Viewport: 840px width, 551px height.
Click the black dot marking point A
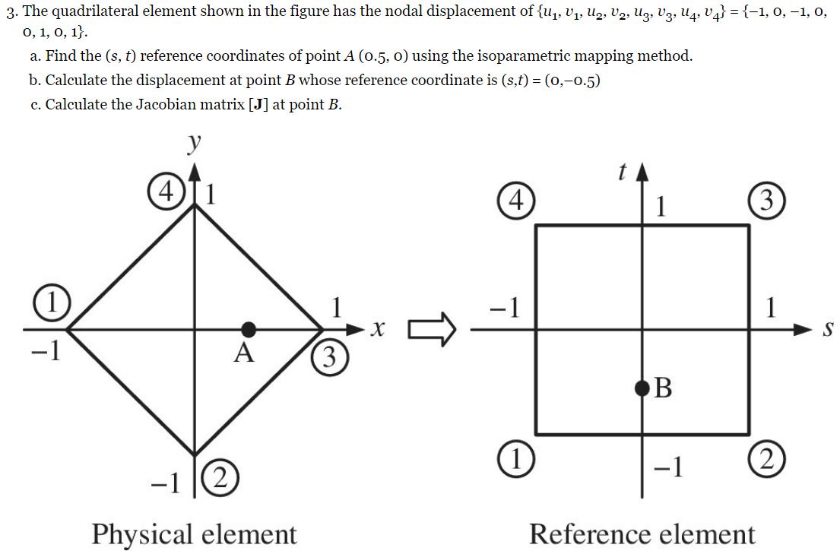(x=248, y=329)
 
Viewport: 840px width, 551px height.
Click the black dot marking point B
(x=643, y=390)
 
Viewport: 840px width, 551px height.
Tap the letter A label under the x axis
(x=243, y=353)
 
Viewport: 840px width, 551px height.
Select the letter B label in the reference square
(x=663, y=389)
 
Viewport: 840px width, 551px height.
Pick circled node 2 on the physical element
(x=220, y=478)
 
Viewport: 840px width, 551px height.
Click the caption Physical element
(x=194, y=534)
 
